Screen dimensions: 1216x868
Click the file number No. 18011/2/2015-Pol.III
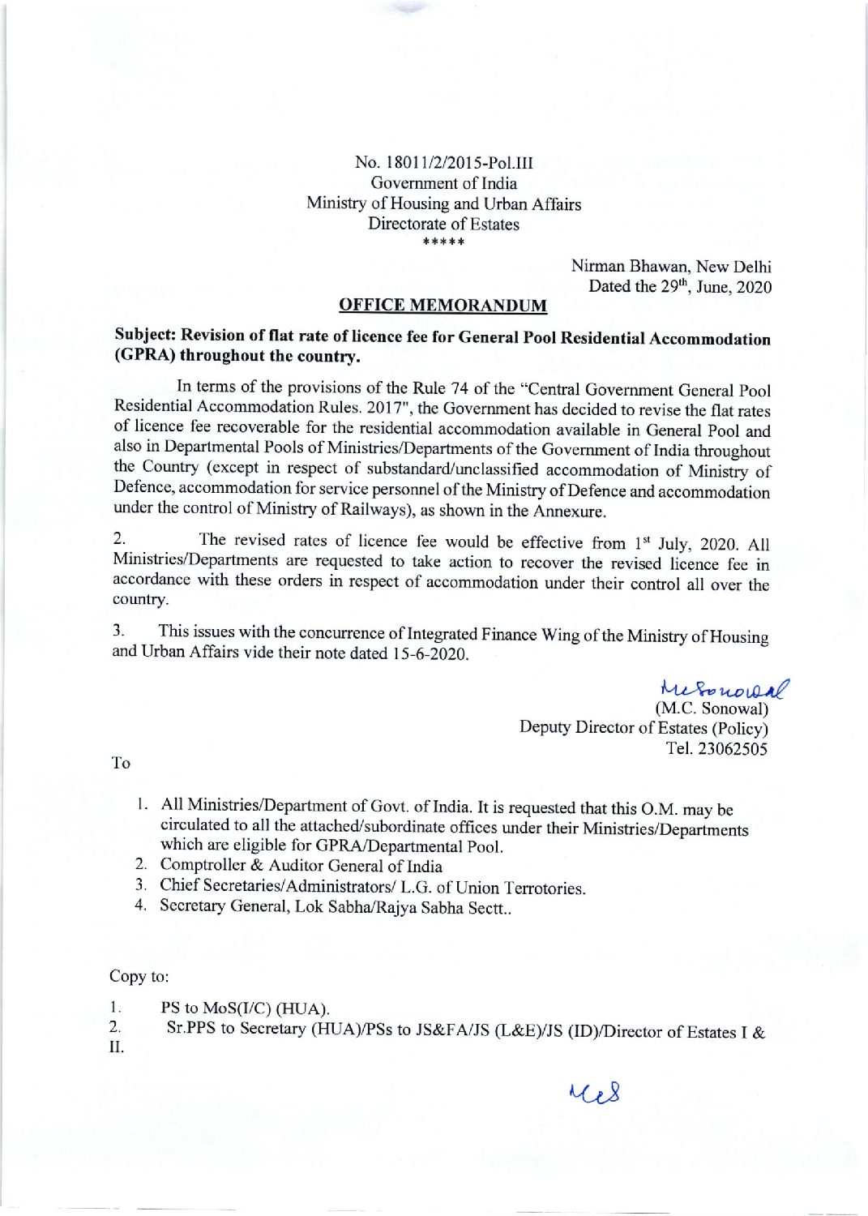pos(443,162)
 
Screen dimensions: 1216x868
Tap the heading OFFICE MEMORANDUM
pos(443,306)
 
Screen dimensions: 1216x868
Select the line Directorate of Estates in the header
pos(443,224)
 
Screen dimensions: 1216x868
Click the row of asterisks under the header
pos(443,242)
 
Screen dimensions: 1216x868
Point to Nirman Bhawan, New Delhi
pos(670,266)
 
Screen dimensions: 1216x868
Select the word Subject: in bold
pos(145,335)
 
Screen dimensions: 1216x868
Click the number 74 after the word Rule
pos(459,388)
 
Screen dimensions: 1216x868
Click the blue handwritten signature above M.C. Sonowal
pos(725,689)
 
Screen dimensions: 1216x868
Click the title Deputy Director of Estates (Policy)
pos(644,728)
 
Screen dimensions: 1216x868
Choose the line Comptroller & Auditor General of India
pos(301,866)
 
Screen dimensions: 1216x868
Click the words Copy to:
pos(139,976)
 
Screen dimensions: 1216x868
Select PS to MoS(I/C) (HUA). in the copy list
pos(245,1008)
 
